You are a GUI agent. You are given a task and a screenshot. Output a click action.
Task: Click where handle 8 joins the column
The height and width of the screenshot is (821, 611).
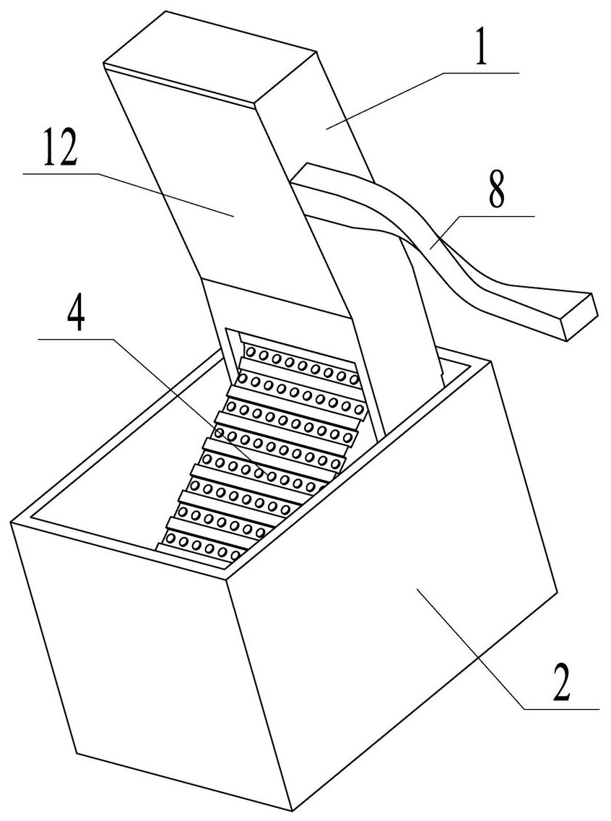tap(303, 177)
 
